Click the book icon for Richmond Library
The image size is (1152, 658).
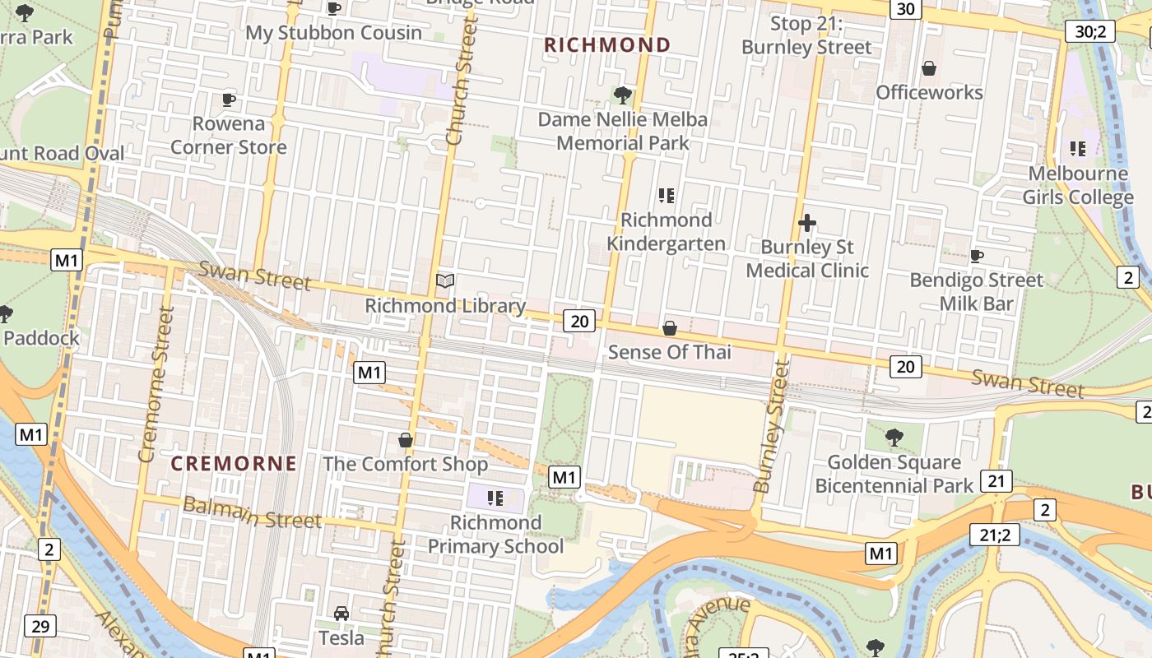(445, 281)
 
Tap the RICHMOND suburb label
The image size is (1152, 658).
(608, 45)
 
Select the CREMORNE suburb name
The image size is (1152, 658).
(234, 464)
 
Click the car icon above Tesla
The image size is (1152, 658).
(341, 613)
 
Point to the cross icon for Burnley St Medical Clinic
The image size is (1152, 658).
(807, 223)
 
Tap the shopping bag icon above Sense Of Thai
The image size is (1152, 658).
(670, 328)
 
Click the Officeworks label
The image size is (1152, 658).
(929, 92)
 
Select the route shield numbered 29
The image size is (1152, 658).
(40, 626)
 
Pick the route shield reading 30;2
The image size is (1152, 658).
(1089, 32)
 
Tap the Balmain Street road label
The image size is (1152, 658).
(252, 513)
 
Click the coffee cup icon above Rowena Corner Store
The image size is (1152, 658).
(229, 100)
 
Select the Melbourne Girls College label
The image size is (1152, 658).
(1078, 186)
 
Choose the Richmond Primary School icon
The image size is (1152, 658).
(495, 498)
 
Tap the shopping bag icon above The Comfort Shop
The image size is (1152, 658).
(406, 440)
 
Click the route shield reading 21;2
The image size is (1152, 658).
(994, 535)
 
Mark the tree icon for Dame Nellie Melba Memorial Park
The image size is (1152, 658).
(623, 95)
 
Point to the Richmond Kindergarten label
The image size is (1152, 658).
(667, 232)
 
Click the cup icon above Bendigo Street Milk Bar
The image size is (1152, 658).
(977, 256)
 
